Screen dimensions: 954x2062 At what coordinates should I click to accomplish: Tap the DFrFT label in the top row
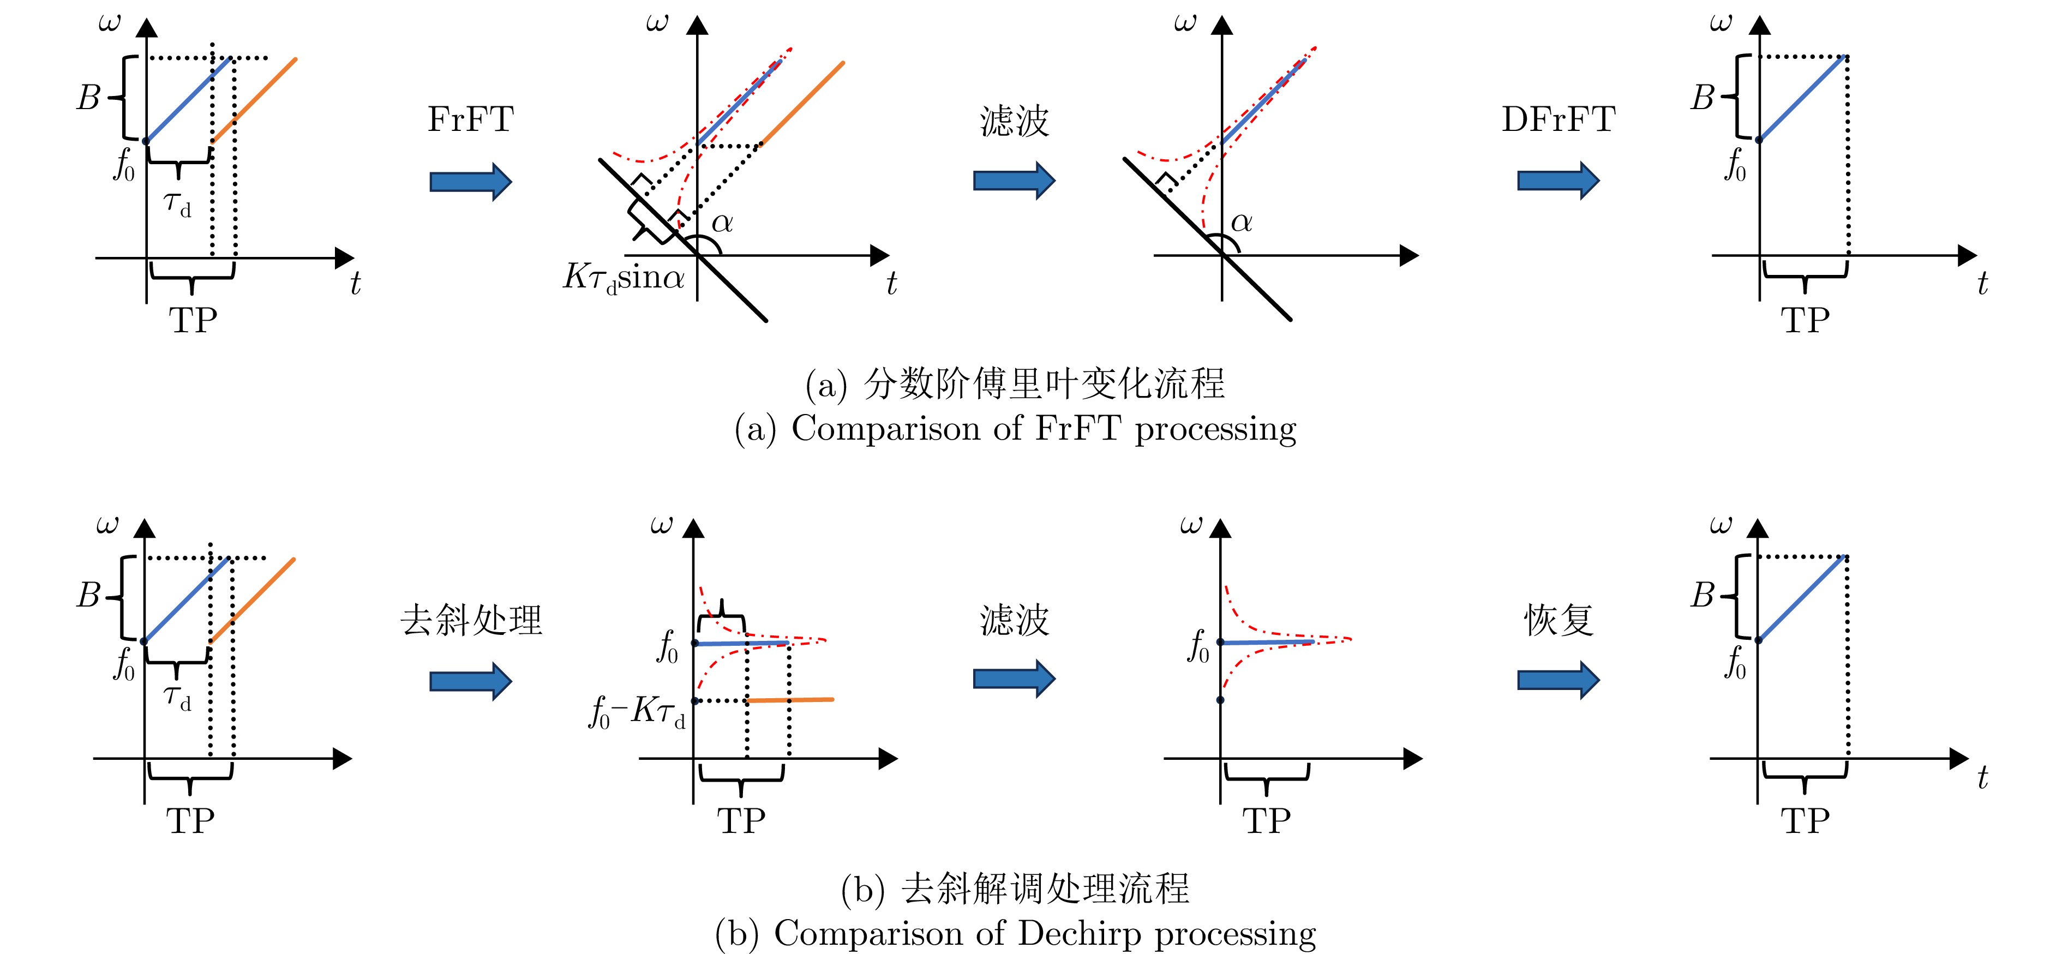pos(1558,120)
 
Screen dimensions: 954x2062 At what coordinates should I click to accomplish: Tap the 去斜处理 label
pos(471,620)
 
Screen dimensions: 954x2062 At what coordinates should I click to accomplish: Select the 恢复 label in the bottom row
pos(1559,620)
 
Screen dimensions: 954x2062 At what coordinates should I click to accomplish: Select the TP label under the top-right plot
pos(1805,321)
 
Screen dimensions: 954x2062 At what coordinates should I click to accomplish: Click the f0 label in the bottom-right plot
pos(1735,663)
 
